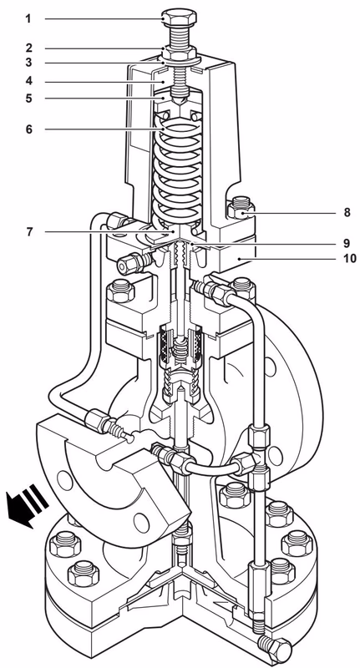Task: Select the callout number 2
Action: tap(28, 48)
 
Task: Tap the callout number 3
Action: tap(28, 63)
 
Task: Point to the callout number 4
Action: tap(28, 82)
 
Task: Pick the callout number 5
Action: tap(28, 99)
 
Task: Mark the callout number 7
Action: tap(28, 230)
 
